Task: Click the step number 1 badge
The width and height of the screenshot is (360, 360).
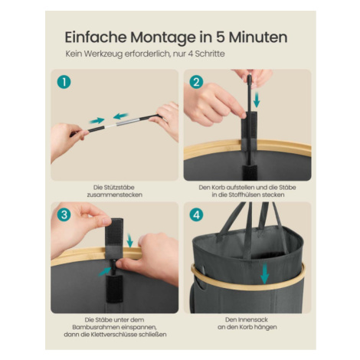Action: pyautogui.click(x=64, y=82)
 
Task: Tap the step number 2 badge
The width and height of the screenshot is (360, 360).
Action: pyautogui.click(x=196, y=82)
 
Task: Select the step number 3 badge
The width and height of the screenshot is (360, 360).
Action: pyautogui.click(x=64, y=214)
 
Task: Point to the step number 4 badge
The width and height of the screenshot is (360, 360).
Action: pyautogui.click(x=196, y=214)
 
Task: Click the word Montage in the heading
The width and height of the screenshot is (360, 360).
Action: pyautogui.click(x=163, y=38)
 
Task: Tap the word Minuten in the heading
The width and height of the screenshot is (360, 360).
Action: pyautogui.click(x=258, y=38)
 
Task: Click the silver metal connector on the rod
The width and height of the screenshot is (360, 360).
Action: pyautogui.click(x=129, y=122)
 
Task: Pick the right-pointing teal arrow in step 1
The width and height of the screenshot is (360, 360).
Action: pyautogui.click(x=97, y=120)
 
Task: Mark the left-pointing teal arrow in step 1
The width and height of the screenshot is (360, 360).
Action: pyautogui.click(x=121, y=116)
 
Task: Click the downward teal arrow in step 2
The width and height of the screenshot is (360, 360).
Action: pyautogui.click(x=257, y=100)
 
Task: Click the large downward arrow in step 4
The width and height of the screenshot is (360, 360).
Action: pyautogui.click(x=265, y=273)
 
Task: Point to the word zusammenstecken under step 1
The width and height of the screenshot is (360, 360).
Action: pyautogui.click(x=115, y=195)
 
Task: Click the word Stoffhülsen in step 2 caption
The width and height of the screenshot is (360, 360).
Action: pyautogui.click(x=243, y=195)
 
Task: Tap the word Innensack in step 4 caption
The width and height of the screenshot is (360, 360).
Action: pyautogui.click(x=253, y=319)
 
